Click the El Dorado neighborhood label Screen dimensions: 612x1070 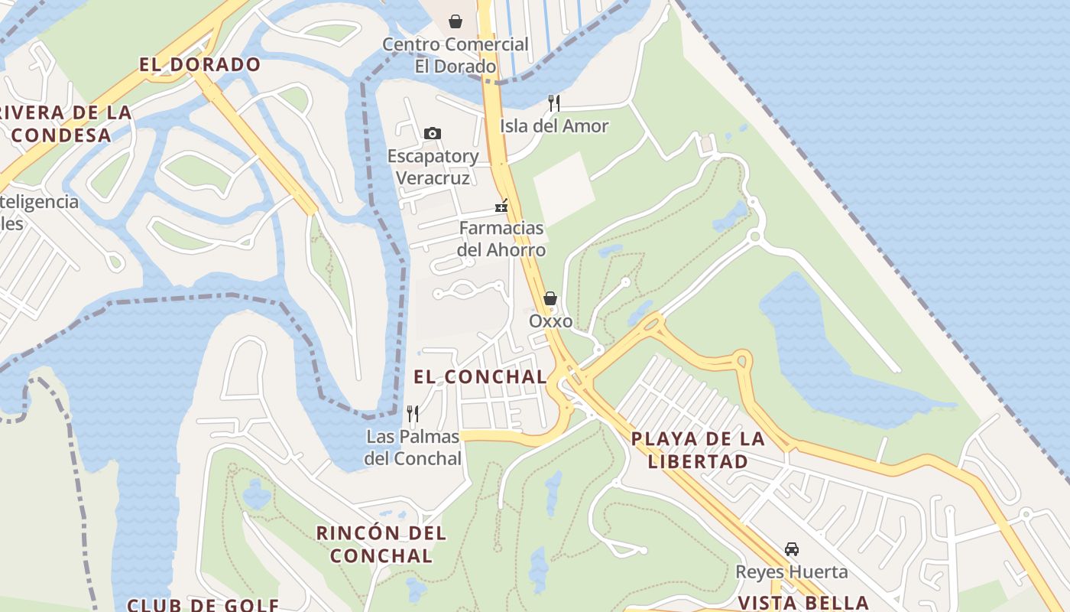[x=200, y=65]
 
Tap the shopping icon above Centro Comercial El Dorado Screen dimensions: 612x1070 [x=456, y=21]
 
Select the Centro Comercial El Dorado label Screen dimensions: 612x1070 [x=456, y=55]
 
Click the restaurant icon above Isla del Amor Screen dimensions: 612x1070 [x=554, y=103]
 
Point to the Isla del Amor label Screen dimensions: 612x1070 [x=554, y=126]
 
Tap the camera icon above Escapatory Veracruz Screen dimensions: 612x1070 [x=432, y=134]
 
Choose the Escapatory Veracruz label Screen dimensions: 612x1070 [x=433, y=167]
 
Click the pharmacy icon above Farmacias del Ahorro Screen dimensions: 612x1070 [x=501, y=205]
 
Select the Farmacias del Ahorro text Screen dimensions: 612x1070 [x=501, y=239]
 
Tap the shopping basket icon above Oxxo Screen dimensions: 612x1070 [x=550, y=298]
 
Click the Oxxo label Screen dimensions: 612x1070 [x=550, y=321]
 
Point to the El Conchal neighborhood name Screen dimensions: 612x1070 [x=481, y=376]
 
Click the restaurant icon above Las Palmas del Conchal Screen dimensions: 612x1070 [x=413, y=414]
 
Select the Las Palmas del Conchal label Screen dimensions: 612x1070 [x=413, y=448]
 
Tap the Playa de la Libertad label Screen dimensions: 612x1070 [x=698, y=450]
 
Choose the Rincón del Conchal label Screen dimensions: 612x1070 [x=381, y=544]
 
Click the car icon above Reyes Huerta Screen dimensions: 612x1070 [x=792, y=549]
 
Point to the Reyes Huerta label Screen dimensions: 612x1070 [x=792, y=572]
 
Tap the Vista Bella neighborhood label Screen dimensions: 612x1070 [x=803, y=603]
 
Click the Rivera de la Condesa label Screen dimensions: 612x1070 [x=64, y=124]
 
